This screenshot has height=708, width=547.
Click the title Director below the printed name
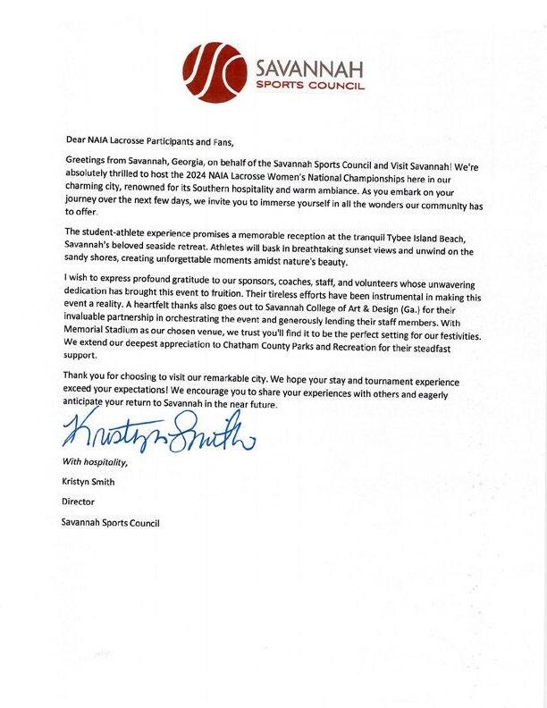pyautogui.click(x=80, y=502)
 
